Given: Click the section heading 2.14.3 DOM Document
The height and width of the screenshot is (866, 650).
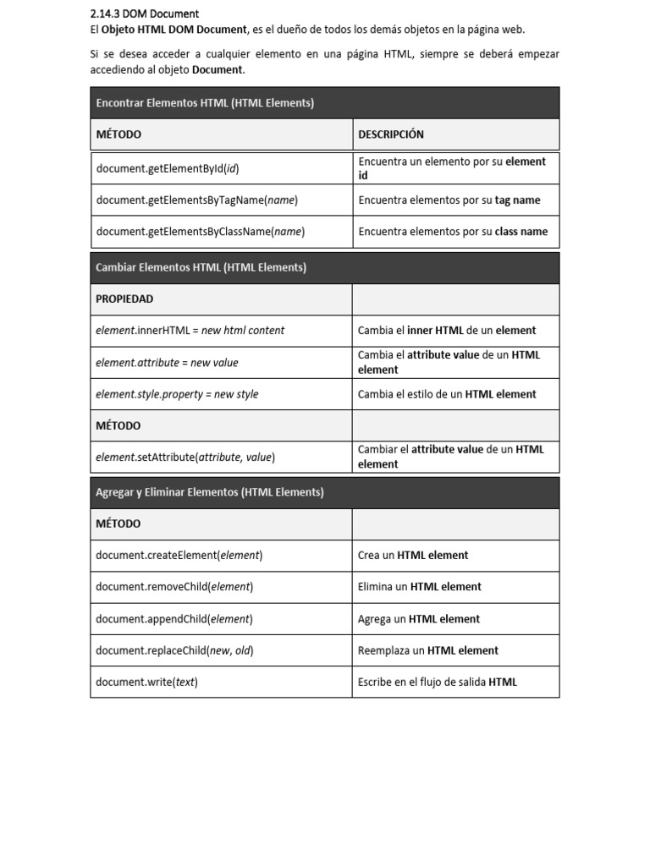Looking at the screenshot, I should (x=144, y=14).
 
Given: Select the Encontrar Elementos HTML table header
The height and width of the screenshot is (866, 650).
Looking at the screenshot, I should (x=205, y=103).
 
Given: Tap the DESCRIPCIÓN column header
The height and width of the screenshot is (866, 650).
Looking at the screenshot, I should (x=391, y=134).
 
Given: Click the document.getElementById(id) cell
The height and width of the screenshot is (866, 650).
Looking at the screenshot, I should (x=168, y=168).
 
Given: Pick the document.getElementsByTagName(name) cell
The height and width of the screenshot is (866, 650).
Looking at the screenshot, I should (x=197, y=200).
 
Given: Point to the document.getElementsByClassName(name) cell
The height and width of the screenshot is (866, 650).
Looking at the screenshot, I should (x=201, y=232).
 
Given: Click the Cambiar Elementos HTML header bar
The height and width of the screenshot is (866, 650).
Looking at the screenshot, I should (x=201, y=267).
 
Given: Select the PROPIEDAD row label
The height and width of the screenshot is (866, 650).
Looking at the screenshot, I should (x=124, y=299).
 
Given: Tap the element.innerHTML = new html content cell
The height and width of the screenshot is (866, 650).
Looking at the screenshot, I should (x=190, y=331).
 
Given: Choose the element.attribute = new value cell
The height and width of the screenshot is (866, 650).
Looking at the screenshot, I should (x=168, y=363).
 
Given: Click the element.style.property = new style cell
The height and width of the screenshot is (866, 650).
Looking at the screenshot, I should (x=178, y=394).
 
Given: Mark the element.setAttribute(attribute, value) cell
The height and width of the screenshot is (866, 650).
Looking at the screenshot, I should (x=185, y=458).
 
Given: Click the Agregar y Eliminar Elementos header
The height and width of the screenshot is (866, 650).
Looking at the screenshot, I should (x=210, y=492).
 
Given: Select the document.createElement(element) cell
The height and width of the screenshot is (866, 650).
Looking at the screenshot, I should (x=179, y=556).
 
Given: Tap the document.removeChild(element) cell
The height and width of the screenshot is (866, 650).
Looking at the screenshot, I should (x=174, y=587).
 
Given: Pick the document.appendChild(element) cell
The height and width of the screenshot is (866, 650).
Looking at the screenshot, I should (x=174, y=619).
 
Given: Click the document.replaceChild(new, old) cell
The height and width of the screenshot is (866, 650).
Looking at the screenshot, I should (x=175, y=650).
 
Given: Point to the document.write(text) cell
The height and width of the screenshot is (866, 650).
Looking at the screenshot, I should (x=147, y=682).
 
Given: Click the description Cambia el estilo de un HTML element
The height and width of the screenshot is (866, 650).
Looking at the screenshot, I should (x=447, y=394).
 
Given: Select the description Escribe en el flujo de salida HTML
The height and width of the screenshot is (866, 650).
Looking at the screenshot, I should (x=438, y=682).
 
